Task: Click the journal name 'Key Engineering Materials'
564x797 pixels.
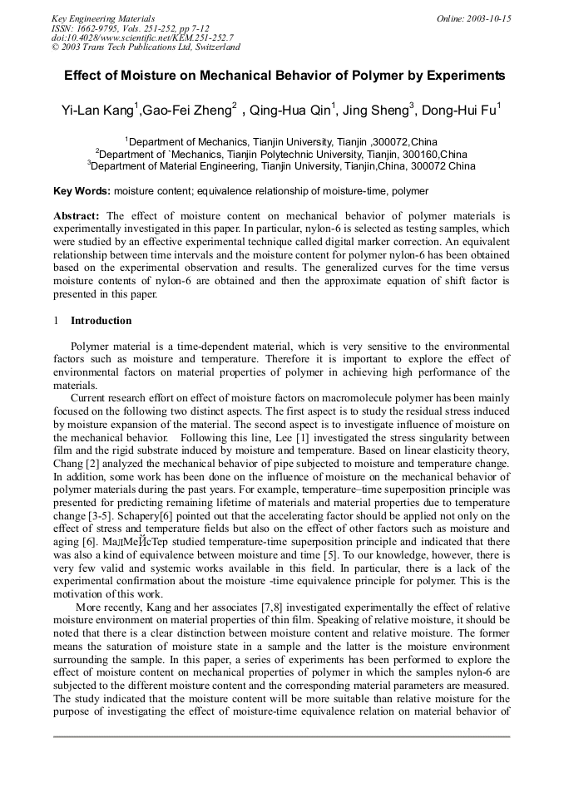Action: pos(103,18)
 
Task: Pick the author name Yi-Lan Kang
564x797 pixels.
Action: pos(96,111)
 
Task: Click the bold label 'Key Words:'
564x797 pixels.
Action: pos(82,190)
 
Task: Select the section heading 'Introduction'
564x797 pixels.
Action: pos(101,321)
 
